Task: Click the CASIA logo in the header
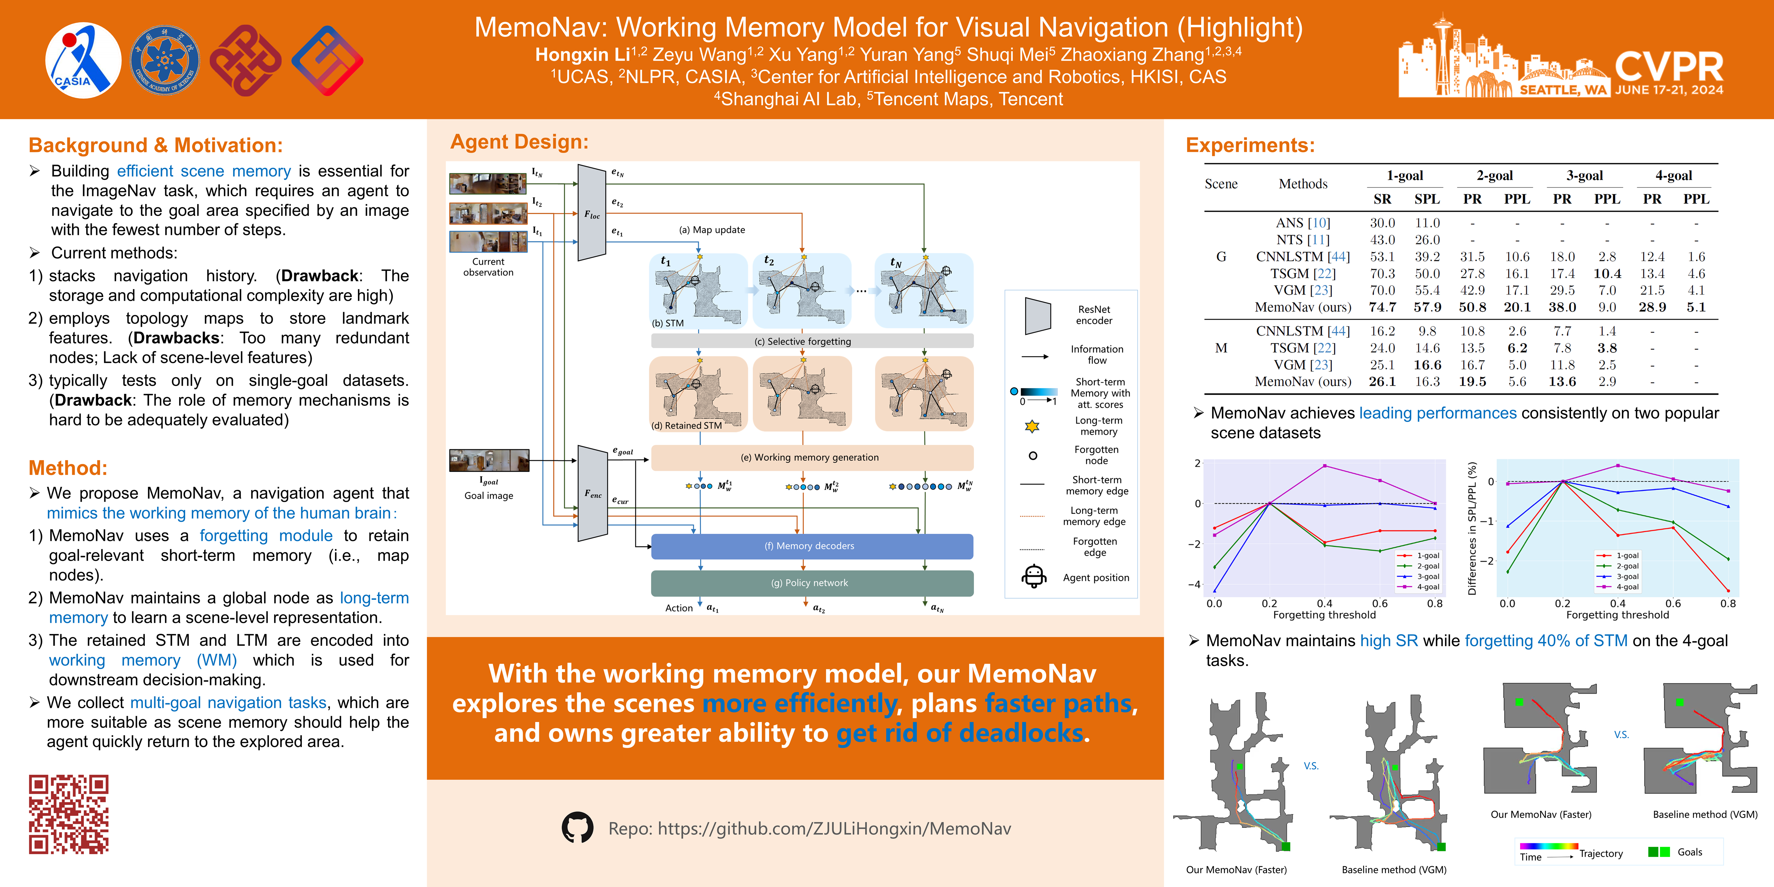click(83, 61)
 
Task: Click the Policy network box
click(812, 582)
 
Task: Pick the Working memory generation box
click(812, 457)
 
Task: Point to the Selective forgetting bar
click(812, 341)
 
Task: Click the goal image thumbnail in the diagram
click(489, 460)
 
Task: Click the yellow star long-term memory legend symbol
click(1031, 426)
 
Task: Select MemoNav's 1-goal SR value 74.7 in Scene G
click(1382, 307)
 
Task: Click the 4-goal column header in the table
click(1674, 176)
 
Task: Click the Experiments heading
click(1250, 145)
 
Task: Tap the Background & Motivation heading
click(156, 145)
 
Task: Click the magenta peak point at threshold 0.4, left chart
click(1324, 466)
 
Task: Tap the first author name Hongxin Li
click(582, 54)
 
